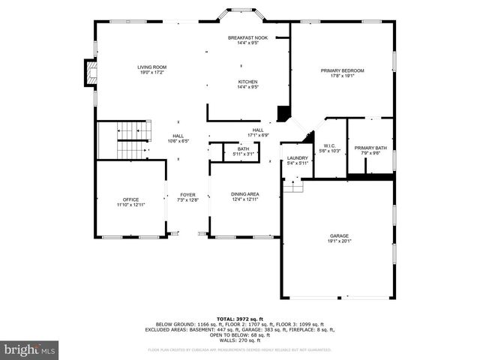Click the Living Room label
click(151, 67)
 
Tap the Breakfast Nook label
click(248, 37)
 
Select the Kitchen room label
click(248, 82)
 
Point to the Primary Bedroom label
click(342, 71)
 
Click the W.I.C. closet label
click(329, 145)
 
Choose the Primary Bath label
click(370, 148)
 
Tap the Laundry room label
click(297, 157)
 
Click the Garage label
click(339, 236)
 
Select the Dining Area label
click(245, 194)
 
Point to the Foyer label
click(187, 194)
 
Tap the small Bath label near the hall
click(243, 149)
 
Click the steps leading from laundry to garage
click(293, 186)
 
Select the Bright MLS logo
click(30, 349)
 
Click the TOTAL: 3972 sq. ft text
click(240, 319)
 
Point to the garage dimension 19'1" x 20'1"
click(339, 241)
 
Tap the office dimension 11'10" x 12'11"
click(130, 205)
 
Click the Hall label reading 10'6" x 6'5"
click(178, 139)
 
